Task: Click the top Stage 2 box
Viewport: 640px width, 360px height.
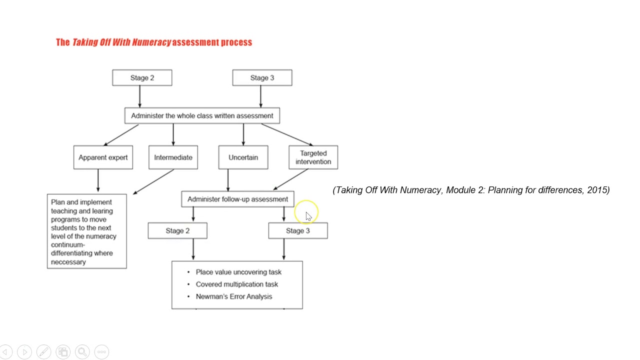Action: [142, 77]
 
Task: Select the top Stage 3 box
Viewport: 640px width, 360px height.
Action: [262, 77]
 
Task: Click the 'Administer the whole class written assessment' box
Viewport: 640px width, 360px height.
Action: [202, 115]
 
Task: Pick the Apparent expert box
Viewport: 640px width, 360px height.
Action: [103, 157]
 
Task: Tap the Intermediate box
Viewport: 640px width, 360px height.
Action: [173, 157]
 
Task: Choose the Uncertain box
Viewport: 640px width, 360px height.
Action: [243, 157]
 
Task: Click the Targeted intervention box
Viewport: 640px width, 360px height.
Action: [313, 157]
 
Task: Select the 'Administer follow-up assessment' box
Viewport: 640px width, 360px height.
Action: [237, 199]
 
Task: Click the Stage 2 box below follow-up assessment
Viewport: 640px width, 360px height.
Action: [177, 230]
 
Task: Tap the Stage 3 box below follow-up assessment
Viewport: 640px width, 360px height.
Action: [298, 230]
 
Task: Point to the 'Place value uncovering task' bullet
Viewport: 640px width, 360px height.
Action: [238, 272]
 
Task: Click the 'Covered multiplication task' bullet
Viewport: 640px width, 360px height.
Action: [236, 284]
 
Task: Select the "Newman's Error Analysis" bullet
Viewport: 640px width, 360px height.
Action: [233, 296]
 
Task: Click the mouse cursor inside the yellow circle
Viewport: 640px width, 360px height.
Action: [308, 216]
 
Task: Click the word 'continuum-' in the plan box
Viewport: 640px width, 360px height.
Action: [67, 245]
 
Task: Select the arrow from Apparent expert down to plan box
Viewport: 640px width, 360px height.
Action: [98, 181]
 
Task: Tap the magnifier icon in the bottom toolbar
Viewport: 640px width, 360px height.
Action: [82, 352]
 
